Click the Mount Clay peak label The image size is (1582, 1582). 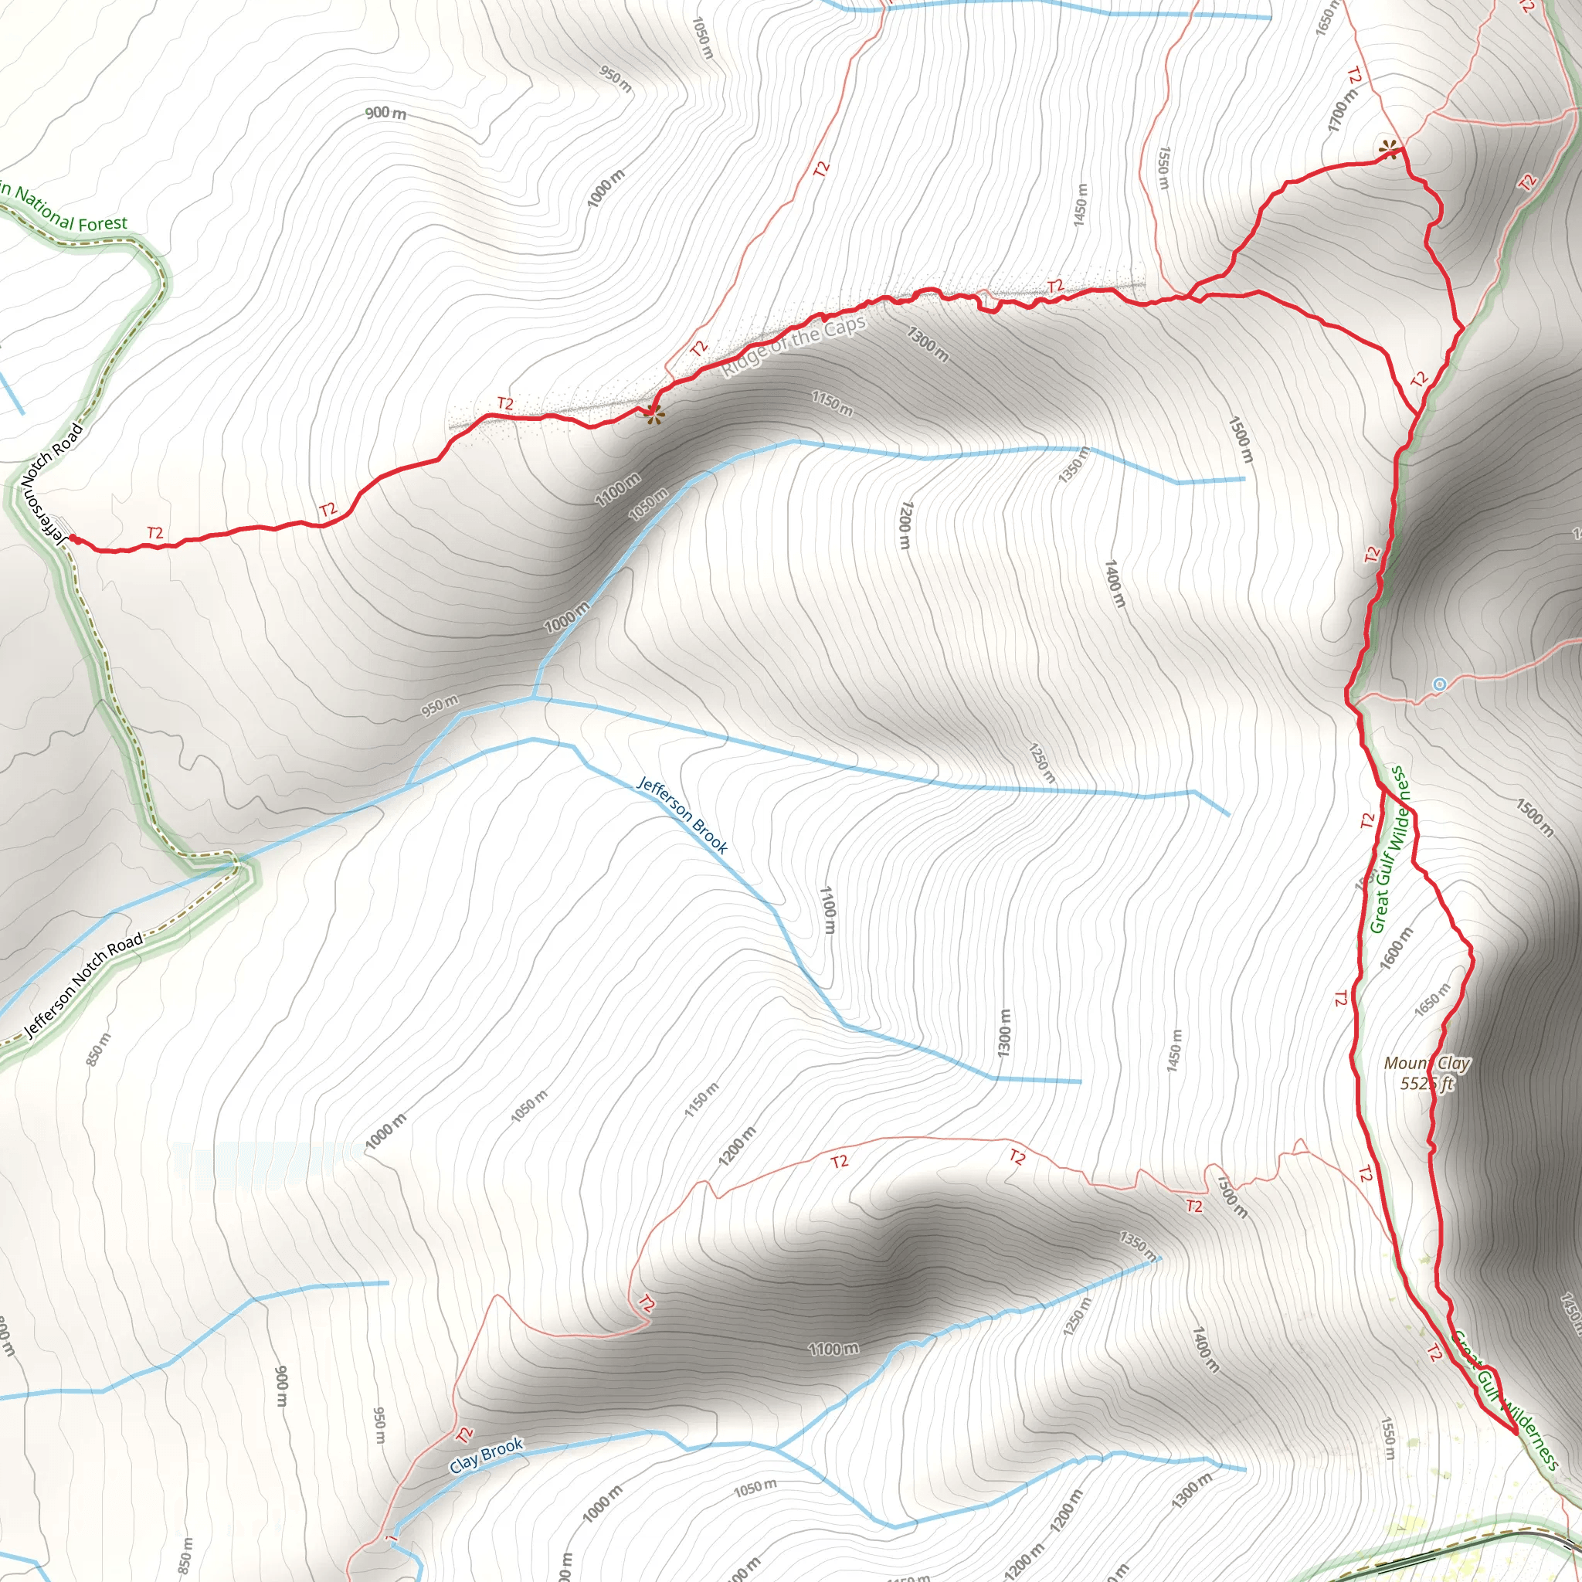tap(1428, 1063)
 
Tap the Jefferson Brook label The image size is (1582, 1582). tap(682, 816)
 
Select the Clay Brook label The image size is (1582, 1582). tap(486, 1455)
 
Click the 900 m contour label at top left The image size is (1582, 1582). tap(385, 112)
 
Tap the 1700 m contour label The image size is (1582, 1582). tap(1342, 110)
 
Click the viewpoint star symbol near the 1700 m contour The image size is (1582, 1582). tap(1388, 149)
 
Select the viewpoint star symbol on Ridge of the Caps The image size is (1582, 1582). tap(653, 414)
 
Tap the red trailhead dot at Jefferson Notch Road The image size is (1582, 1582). tap(73, 538)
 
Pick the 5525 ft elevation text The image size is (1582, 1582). tap(1428, 1083)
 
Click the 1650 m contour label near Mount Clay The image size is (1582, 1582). tap(1432, 999)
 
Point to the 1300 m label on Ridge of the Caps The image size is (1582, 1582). tap(928, 343)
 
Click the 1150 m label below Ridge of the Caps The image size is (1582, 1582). tap(832, 403)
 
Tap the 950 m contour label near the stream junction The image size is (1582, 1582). tap(440, 705)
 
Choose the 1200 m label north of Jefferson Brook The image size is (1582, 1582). tap(903, 526)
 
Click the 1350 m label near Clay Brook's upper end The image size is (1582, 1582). tap(1137, 1244)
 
